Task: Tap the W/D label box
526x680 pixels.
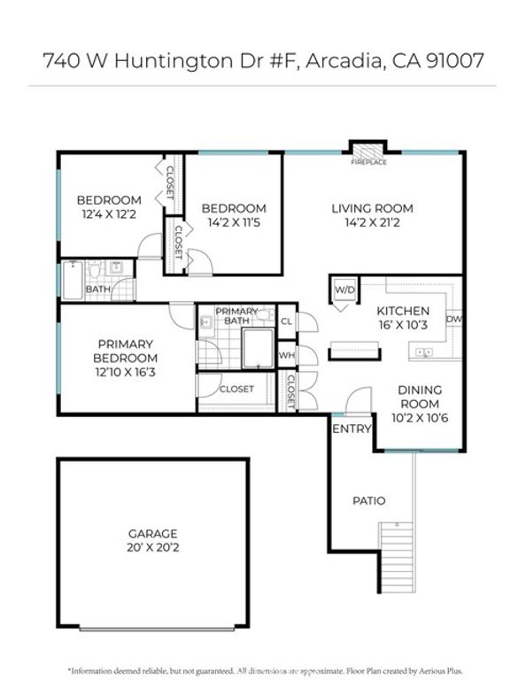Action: coord(344,290)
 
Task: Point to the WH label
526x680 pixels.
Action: coord(287,355)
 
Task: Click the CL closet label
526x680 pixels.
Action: coord(287,321)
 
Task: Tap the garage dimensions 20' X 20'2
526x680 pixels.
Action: coord(153,548)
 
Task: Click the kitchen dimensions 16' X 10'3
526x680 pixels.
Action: coord(403,326)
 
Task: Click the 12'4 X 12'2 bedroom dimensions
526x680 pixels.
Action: coord(108,214)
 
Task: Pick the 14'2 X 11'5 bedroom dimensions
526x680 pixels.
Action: coord(234,223)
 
